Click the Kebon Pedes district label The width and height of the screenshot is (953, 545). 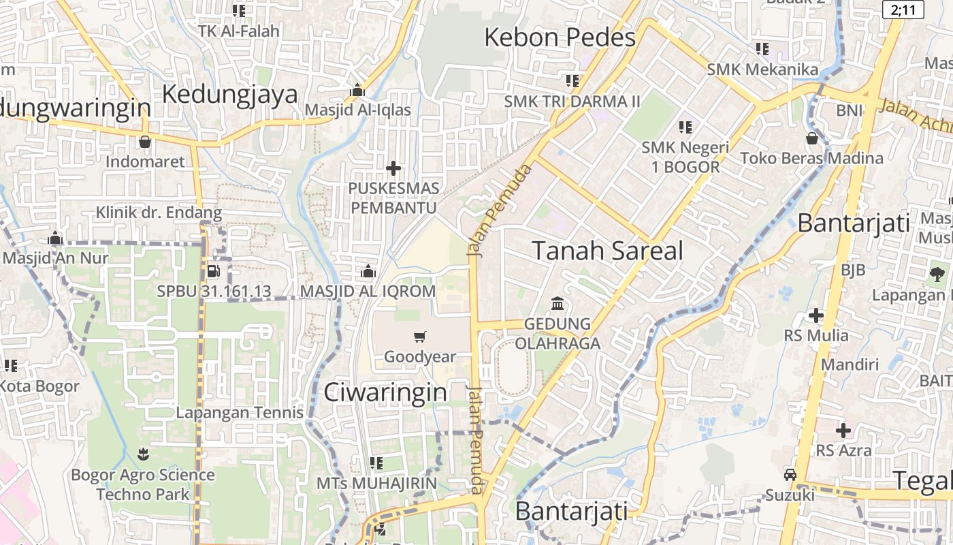560,37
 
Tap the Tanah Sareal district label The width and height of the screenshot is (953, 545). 607,251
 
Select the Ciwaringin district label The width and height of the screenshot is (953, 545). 385,392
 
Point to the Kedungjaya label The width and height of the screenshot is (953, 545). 230,93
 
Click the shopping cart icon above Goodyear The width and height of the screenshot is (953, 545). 420,337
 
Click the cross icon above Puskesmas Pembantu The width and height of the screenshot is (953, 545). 393,168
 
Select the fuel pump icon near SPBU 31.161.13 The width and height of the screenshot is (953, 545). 213,271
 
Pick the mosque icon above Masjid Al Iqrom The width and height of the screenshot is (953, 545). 368,272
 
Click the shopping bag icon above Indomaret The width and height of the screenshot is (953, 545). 144,142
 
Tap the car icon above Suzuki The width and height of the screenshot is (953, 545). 790,475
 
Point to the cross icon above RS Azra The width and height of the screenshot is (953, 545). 843,431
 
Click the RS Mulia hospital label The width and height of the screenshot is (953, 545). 816,335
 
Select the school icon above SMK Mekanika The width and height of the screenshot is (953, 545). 762,49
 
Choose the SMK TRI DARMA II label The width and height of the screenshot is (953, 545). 572,102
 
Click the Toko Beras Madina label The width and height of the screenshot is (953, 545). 811,158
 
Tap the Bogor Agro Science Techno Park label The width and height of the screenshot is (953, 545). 143,484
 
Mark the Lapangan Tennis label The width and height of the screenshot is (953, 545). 240,412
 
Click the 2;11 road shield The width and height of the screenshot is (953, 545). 903,10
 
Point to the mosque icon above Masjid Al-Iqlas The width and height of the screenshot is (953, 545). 357,91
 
